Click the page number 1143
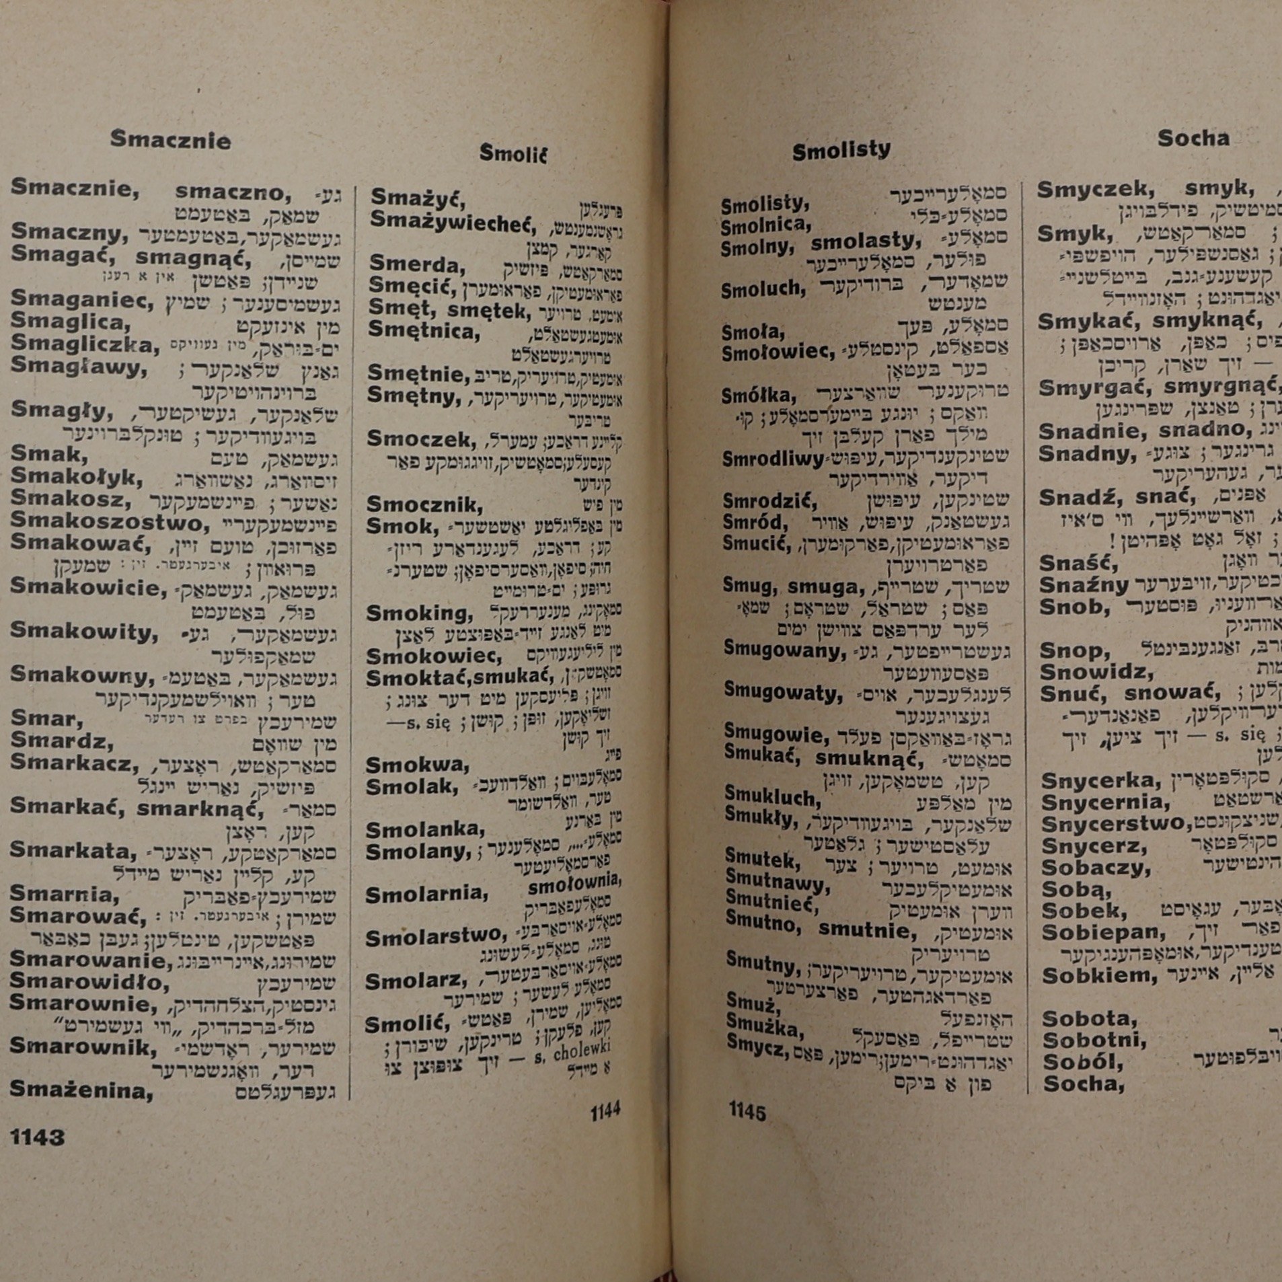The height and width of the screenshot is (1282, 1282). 38,1137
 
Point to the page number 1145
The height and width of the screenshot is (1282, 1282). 747,1111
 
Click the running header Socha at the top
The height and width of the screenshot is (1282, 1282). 1193,138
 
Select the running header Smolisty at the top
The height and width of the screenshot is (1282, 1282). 841,151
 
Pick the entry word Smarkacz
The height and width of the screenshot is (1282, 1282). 74,763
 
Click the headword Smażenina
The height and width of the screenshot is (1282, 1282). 81,1090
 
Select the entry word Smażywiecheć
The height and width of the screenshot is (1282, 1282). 457,221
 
